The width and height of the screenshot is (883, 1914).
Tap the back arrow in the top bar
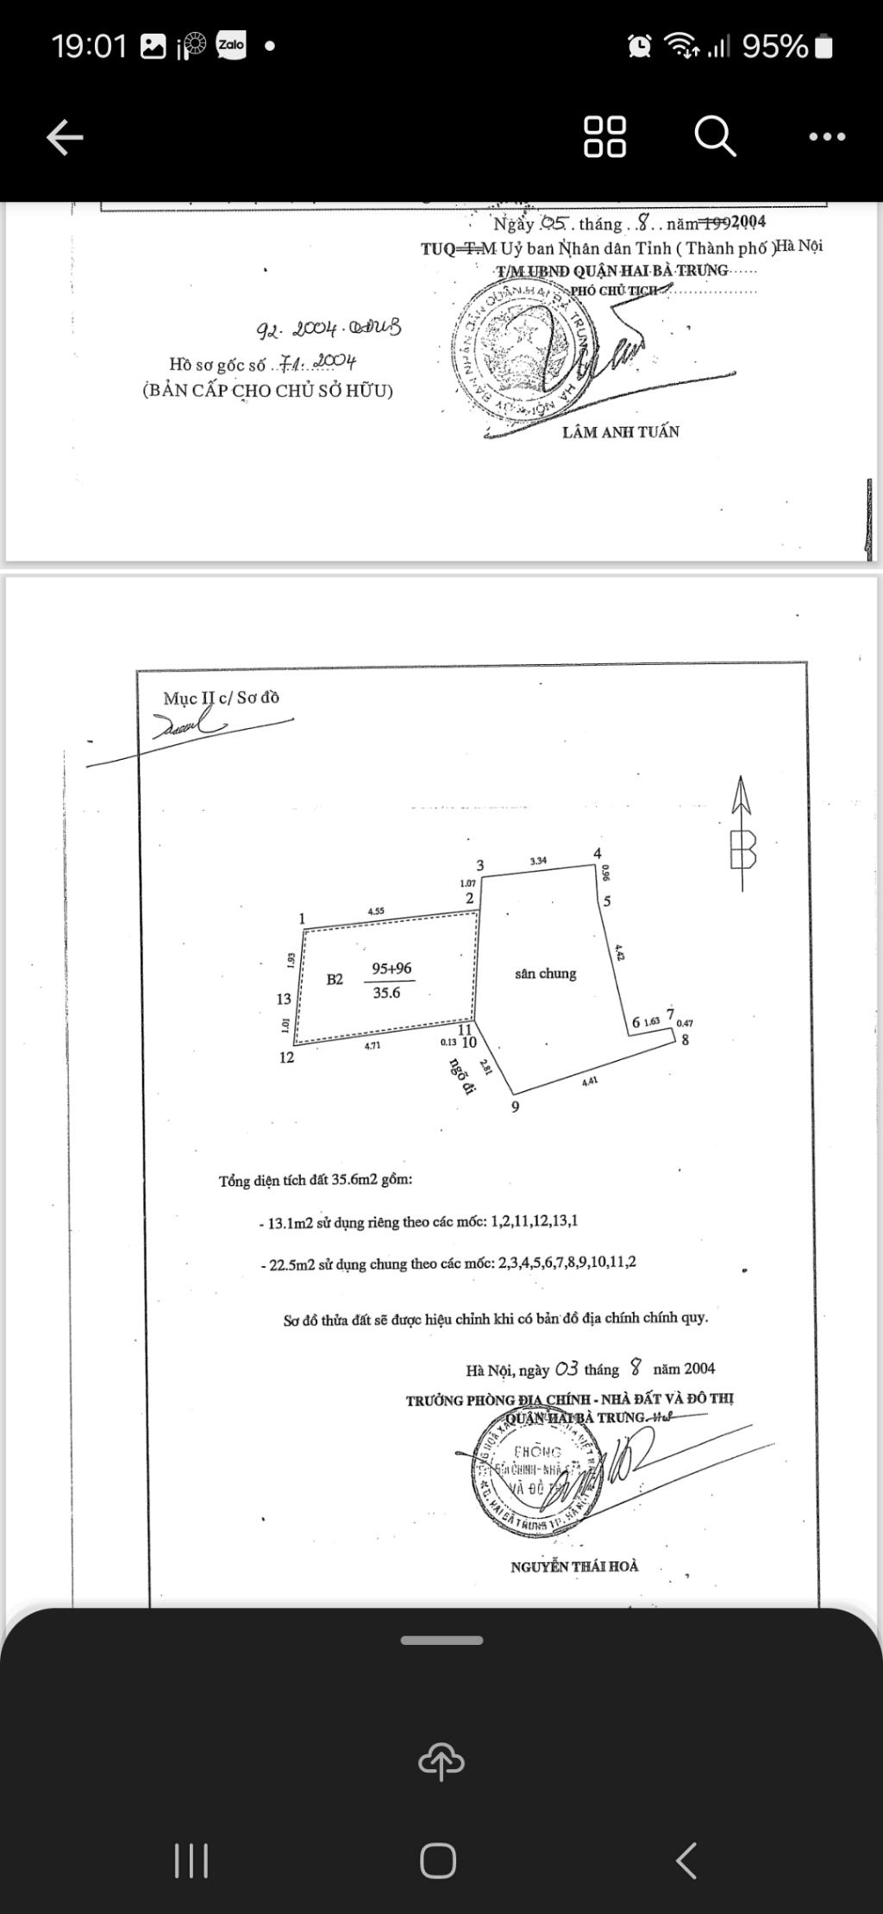coord(65,136)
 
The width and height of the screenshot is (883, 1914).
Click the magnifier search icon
coord(715,136)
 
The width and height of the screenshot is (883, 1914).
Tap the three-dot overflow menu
coord(827,136)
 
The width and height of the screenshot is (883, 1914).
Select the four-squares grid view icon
coord(604,136)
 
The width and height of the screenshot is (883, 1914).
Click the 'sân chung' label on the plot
coord(545,974)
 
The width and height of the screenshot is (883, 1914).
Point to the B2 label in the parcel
coord(335,979)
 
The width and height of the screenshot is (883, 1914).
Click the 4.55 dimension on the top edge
coord(376,911)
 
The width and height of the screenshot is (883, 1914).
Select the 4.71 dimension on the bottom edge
coord(372,1045)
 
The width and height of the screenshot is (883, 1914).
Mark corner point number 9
coord(516,1107)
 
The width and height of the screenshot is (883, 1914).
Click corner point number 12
coord(287,1057)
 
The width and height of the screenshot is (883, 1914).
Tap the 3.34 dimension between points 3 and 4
coord(538,860)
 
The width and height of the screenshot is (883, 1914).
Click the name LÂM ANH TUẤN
coord(620,432)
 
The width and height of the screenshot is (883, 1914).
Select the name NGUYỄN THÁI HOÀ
coord(574,1566)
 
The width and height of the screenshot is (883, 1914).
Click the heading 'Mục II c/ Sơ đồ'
coord(222,698)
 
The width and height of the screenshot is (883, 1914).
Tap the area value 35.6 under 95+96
coord(386,993)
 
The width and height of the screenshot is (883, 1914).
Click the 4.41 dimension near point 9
coord(590,1080)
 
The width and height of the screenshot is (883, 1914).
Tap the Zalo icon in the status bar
coord(231,45)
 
